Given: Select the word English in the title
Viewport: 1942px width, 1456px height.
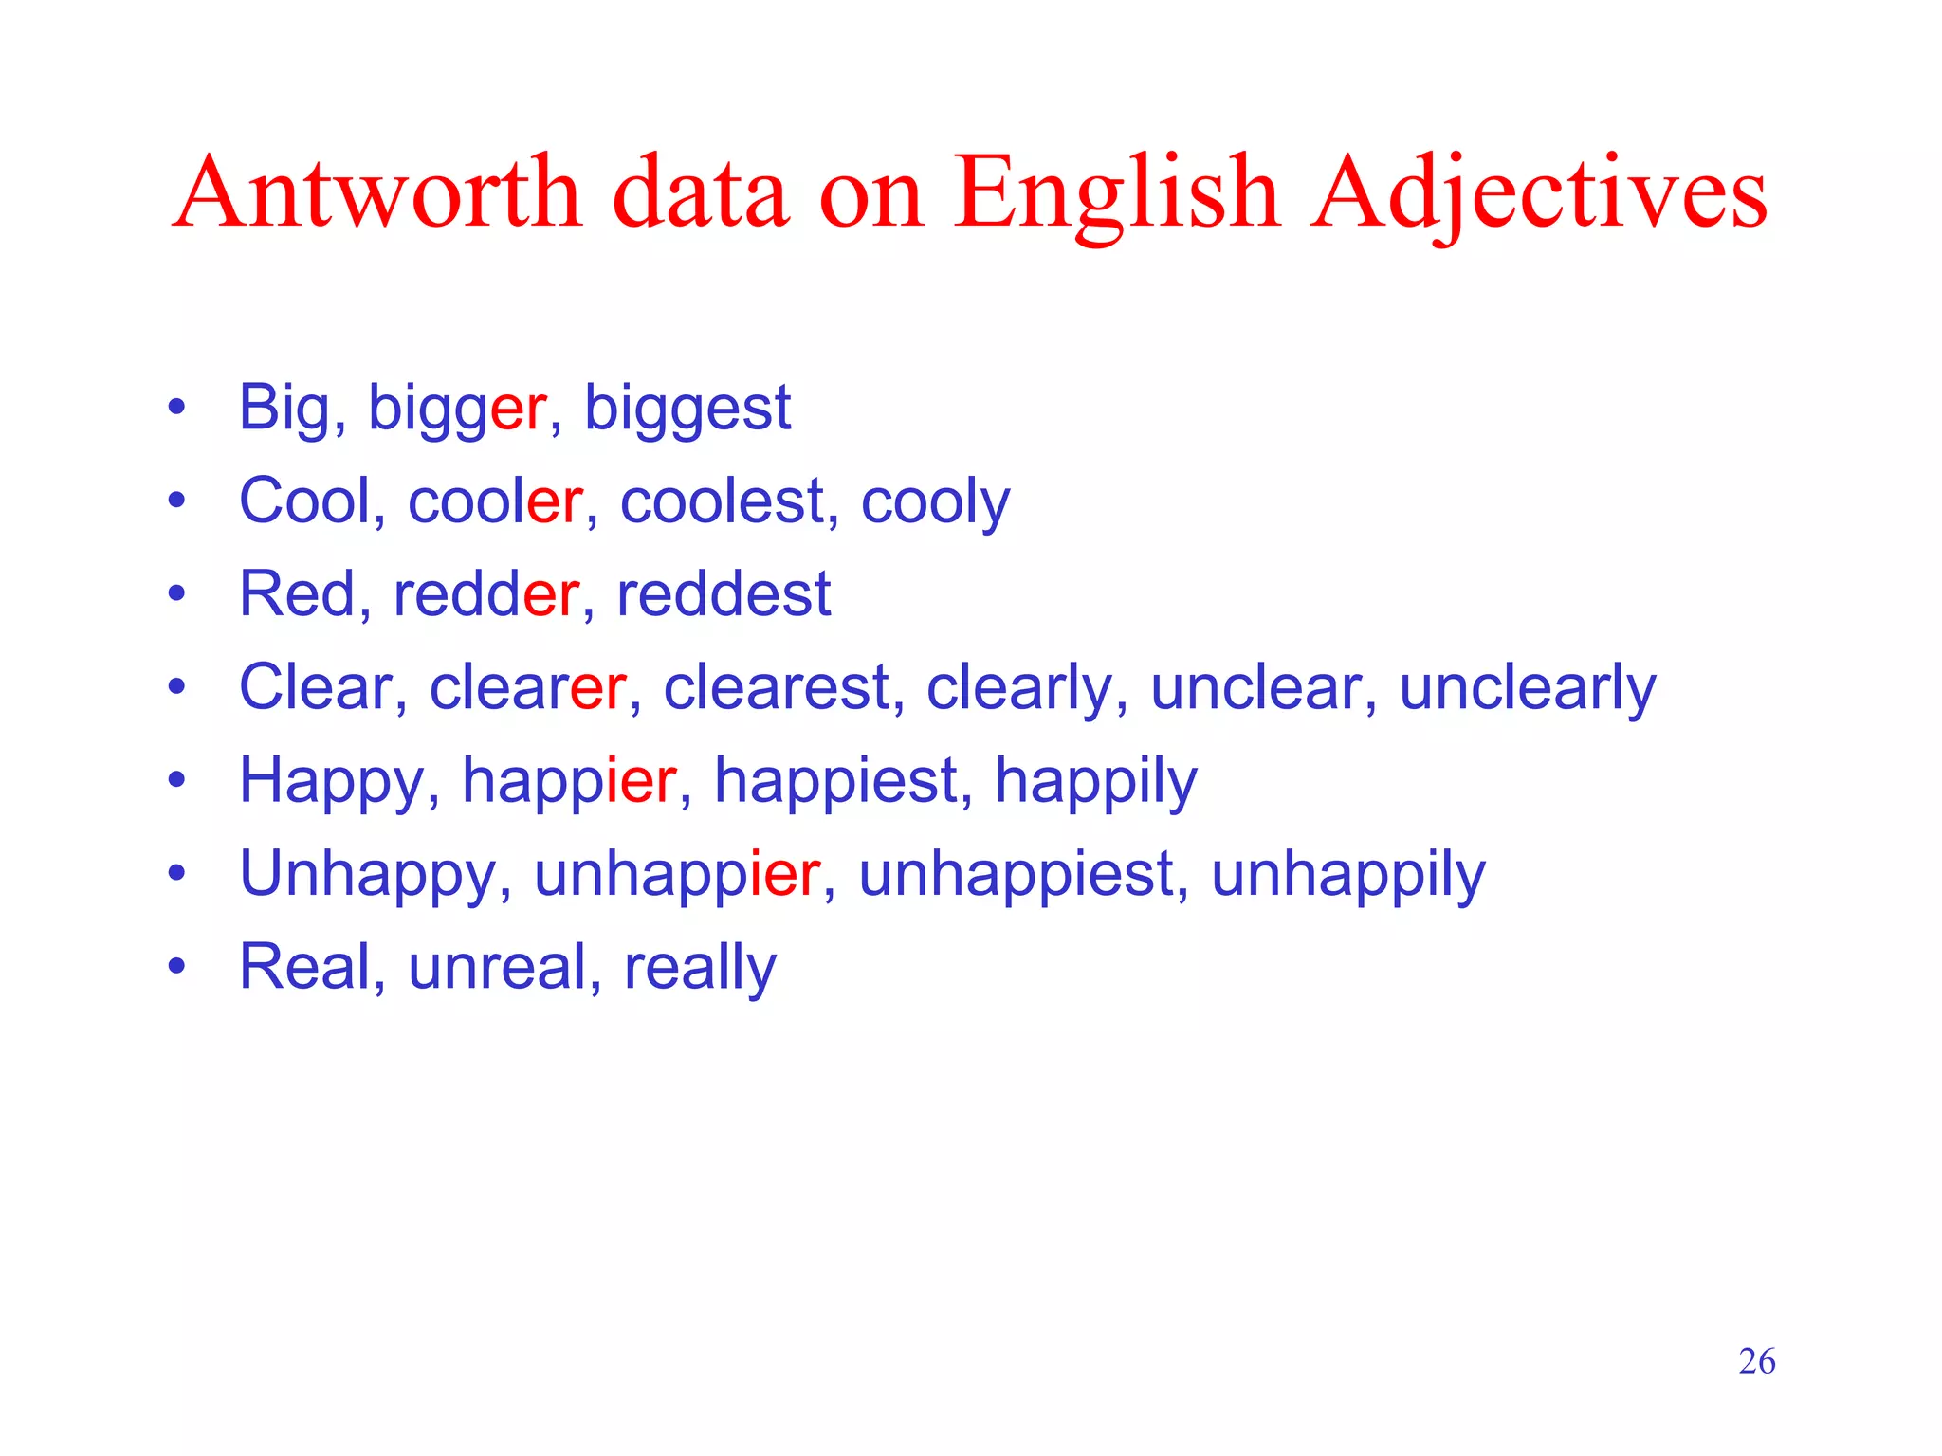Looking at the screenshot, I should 1116,194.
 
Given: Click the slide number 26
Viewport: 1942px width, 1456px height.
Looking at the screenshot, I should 1756,1361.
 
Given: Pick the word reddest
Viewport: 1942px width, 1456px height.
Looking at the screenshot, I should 724,594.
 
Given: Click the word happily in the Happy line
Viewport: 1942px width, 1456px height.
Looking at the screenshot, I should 1095,781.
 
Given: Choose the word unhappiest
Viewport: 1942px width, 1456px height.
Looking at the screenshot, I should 1017,874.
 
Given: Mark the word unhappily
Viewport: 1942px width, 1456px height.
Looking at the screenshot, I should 1347,874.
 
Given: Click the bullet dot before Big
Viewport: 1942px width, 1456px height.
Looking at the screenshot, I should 176,409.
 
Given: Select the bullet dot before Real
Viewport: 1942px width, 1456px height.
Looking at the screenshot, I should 176,968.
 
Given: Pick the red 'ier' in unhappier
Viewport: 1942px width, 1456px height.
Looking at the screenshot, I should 784,874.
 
